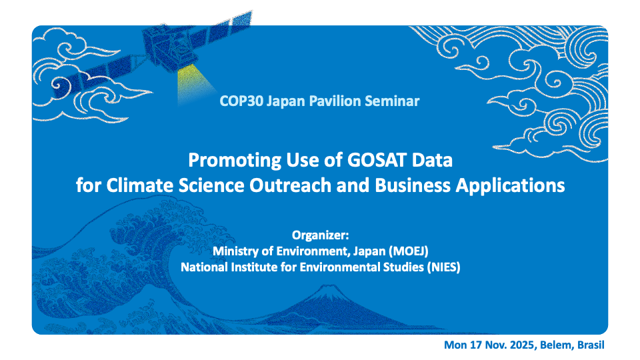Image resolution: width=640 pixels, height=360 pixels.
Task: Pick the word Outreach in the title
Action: click(291, 185)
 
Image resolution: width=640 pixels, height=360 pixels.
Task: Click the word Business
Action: click(413, 185)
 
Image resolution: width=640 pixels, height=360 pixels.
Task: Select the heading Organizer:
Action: click(321, 235)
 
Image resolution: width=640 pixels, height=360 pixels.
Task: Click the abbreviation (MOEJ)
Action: click(408, 251)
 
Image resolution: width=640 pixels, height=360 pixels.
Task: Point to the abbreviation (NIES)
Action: click(444, 267)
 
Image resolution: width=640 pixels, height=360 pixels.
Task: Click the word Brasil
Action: click(591, 345)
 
